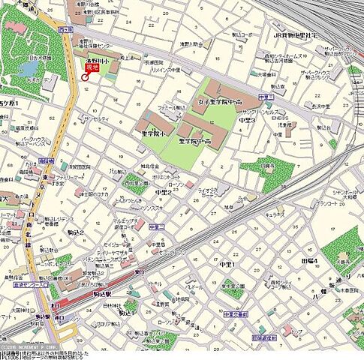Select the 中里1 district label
pyautogui.click(x=227, y=264)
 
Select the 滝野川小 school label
pyautogui.click(x=92, y=58)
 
